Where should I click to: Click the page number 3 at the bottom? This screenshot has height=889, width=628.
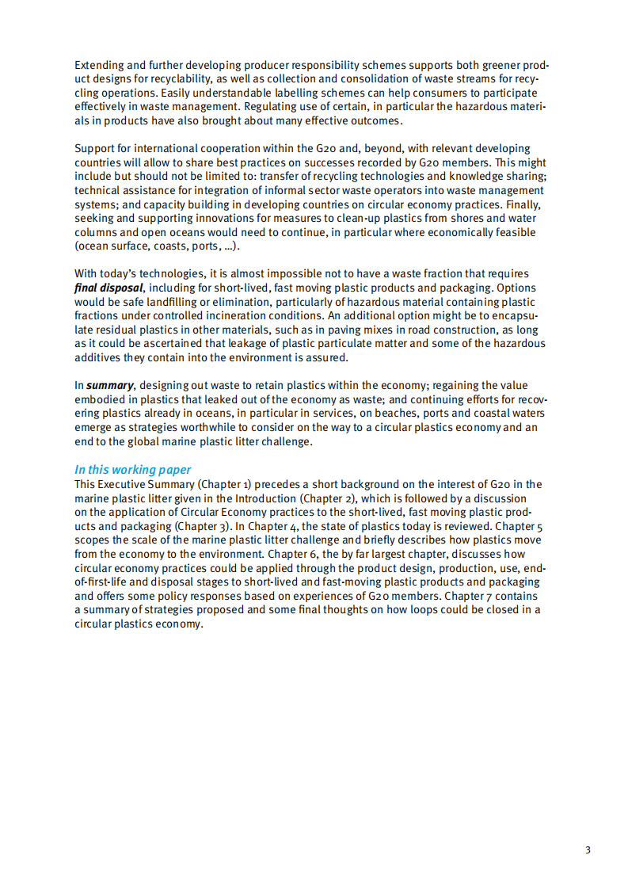click(x=588, y=851)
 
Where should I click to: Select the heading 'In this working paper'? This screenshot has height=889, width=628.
click(x=133, y=470)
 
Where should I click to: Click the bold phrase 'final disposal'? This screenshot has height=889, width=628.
click(x=108, y=288)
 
